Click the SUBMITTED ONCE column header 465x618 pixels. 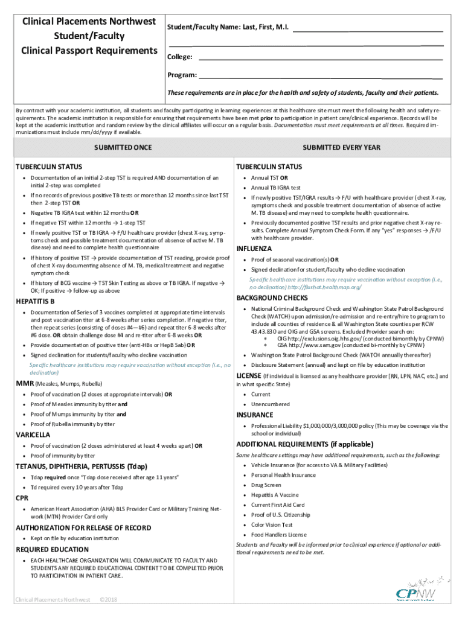(122, 147)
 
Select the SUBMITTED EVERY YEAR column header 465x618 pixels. (341, 147)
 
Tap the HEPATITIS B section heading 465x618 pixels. (35, 301)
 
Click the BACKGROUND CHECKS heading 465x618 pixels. (272, 298)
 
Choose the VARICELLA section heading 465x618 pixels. (33, 435)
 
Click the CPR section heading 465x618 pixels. (22, 498)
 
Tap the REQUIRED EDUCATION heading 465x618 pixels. (51, 550)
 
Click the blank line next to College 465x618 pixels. (320, 58)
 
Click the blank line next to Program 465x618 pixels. (320, 76)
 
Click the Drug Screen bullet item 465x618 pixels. (266, 485)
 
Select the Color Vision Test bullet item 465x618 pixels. (272, 524)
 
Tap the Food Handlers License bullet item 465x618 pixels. (279, 535)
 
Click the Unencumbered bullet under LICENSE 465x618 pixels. (270, 404)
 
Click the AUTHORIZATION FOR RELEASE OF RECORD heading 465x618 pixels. (83, 527)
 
